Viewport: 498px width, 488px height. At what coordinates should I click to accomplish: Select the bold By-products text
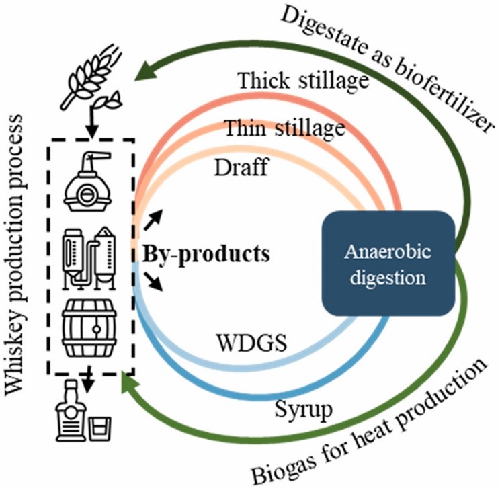206,255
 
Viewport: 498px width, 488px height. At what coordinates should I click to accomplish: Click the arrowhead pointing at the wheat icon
141,69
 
